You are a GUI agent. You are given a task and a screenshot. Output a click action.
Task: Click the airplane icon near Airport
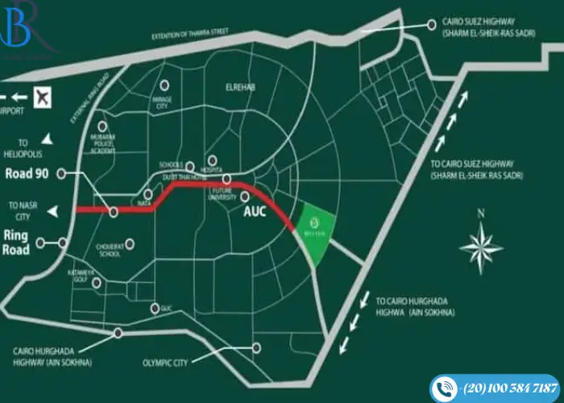(43, 96)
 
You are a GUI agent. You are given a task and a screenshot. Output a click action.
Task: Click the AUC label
(255, 215)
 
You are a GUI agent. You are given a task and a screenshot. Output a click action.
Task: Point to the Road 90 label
(27, 173)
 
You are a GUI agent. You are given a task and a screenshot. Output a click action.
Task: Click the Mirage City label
(164, 102)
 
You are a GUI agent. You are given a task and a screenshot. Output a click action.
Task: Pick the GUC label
(168, 309)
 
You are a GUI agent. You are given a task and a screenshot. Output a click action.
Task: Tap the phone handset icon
(445, 388)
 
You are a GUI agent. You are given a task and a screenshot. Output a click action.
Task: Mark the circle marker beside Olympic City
(257, 347)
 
